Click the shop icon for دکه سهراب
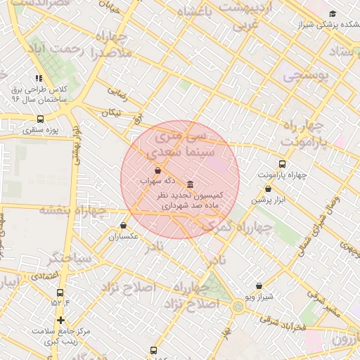point(157,170)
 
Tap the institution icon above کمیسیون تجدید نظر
point(190,184)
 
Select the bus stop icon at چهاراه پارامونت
point(283,164)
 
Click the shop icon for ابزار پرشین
point(268,188)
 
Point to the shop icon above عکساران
point(124,226)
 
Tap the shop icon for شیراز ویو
point(259,285)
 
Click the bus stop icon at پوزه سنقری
point(39,120)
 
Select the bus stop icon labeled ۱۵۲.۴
point(60,292)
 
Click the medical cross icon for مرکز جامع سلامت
point(61,321)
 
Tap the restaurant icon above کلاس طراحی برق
point(39,79)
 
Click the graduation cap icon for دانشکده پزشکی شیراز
point(333,13)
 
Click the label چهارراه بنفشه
point(72,210)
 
